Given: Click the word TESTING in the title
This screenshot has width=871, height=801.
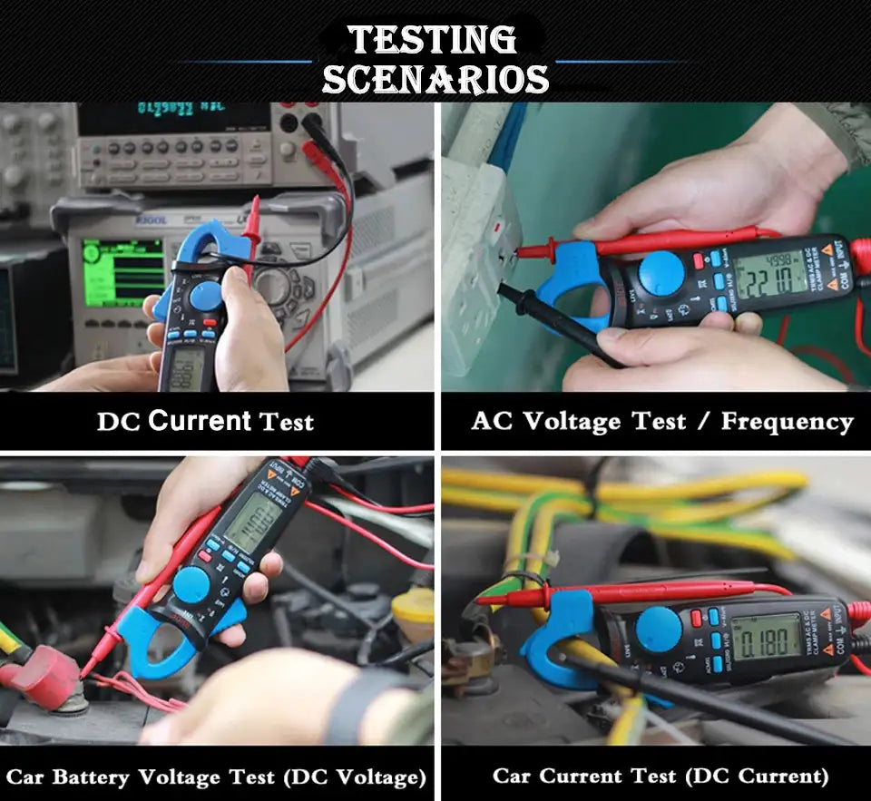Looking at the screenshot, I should coord(433,40).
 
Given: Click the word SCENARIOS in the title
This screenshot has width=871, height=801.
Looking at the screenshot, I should coord(435,79).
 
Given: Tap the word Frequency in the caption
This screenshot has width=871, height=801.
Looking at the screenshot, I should coord(788,421).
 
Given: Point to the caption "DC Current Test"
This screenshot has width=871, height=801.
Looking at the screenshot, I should coord(206,421).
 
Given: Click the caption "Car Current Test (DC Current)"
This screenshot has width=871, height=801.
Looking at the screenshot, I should coord(661,776).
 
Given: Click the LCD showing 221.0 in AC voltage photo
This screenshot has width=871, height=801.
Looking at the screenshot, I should coord(770,275).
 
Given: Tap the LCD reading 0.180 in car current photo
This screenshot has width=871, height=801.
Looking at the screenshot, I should coord(765,637).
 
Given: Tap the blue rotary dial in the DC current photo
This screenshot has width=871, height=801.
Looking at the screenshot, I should coord(206,297).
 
